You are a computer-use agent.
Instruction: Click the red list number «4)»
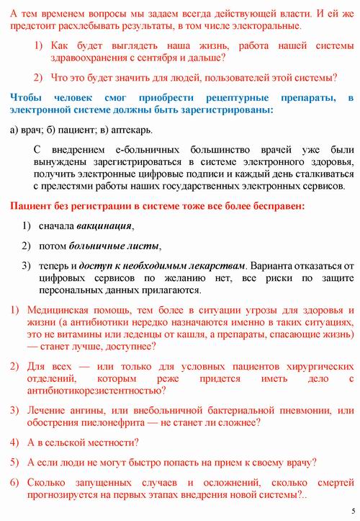pos(14,442)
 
